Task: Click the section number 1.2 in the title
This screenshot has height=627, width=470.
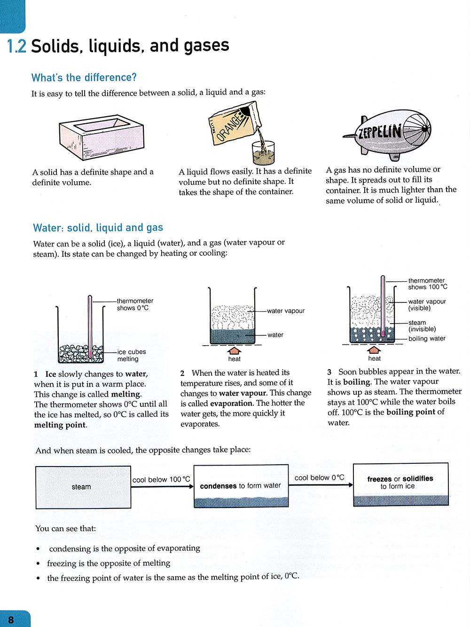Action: tap(16, 47)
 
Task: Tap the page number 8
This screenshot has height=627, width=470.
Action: tap(11, 619)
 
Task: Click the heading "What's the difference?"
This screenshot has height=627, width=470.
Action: tap(84, 78)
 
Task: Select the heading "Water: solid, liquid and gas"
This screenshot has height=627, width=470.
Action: tap(98, 228)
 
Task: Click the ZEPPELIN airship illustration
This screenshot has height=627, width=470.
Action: tap(387, 134)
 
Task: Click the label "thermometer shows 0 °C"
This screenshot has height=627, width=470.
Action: tap(135, 304)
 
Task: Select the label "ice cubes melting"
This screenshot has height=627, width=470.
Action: tap(132, 355)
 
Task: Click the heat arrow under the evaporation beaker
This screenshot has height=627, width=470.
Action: tap(234, 350)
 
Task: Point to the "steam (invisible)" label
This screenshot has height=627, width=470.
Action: tap(422, 326)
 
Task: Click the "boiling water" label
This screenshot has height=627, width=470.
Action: tap(427, 339)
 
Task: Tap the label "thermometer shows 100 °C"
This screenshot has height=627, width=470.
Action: tap(427, 284)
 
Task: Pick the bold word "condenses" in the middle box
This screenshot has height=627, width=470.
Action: tap(218, 486)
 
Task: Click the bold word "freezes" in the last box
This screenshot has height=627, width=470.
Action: tap(379, 479)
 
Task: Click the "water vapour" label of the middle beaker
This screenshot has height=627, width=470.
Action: tap(285, 311)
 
